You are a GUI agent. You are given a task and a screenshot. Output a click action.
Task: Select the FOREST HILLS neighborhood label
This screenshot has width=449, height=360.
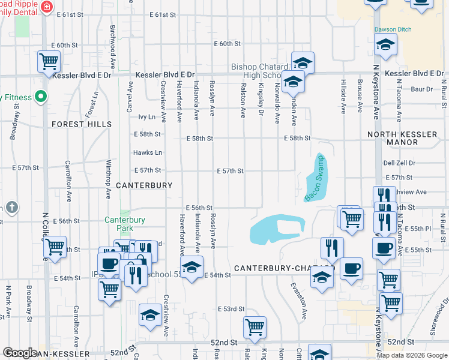click(x=82, y=124)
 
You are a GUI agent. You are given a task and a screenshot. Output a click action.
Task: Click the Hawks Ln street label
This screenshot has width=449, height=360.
click(x=148, y=153)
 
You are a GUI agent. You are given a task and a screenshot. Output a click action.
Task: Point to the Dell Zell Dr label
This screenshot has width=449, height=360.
click(x=399, y=163)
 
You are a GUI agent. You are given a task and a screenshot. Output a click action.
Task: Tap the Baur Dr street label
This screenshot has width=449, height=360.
click(x=422, y=89)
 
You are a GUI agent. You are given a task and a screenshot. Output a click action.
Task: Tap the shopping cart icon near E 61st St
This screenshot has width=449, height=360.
click(x=49, y=61)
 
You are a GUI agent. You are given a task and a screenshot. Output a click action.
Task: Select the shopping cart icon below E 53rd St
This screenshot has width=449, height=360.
click(x=255, y=327)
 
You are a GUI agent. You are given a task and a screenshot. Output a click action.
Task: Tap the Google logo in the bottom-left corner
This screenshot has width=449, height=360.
click(x=20, y=352)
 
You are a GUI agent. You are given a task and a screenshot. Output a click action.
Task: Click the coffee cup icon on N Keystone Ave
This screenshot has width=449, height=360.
click(x=384, y=248)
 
